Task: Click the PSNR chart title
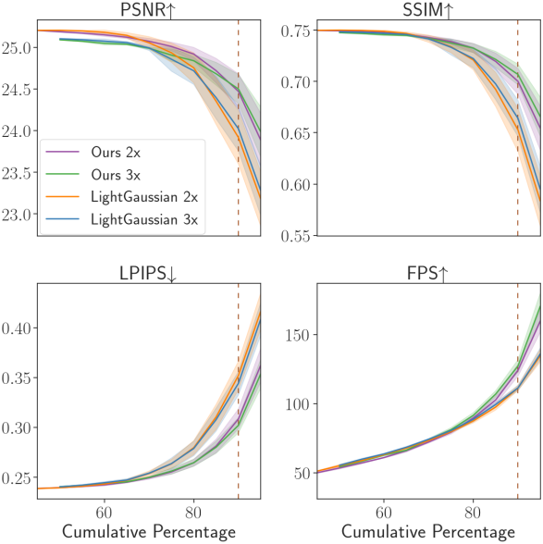point(148,9)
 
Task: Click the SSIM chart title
point(427,9)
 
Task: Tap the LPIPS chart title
point(148,273)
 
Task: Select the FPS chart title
point(427,273)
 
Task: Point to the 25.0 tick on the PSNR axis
point(16,48)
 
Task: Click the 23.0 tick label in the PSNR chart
point(16,215)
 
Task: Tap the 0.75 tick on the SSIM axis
point(295,31)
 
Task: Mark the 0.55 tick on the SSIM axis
point(295,236)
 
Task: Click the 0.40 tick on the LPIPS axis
point(16,328)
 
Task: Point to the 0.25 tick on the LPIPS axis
point(16,478)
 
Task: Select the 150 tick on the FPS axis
point(298,335)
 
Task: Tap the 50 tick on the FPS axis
point(302,473)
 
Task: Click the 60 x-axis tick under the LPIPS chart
point(105,513)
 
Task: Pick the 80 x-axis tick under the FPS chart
point(473,513)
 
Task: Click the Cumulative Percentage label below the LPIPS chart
point(149,531)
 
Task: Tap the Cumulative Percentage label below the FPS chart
point(428,531)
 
